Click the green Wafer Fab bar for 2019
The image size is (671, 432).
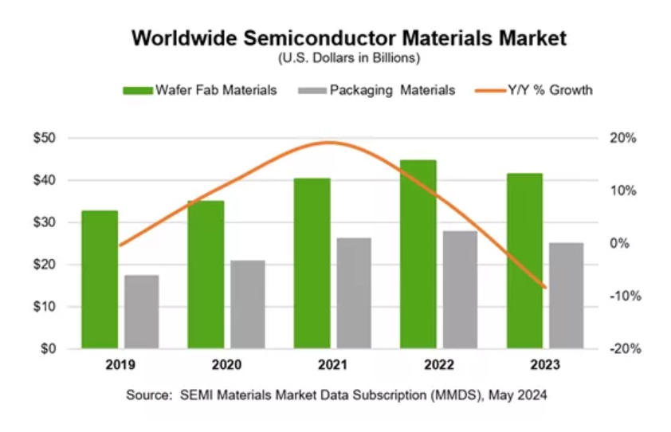click(x=100, y=279)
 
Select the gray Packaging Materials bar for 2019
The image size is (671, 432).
click(x=141, y=312)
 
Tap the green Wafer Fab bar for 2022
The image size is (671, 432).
click(x=418, y=254)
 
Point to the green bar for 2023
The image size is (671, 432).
click(x=524, y=261)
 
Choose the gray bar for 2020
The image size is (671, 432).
click(x=247, y=304)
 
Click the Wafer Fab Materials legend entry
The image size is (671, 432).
click(x=200, y=90)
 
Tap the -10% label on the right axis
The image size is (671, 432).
click(x=622, y=296)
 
